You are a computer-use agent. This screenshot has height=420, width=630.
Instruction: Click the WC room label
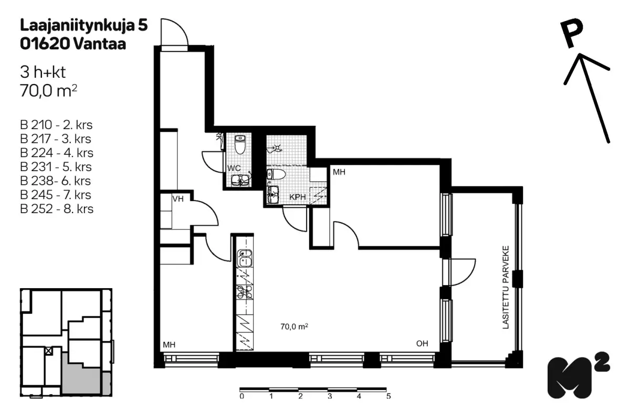[234, 168]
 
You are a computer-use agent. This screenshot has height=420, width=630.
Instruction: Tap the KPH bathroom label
[298, 197]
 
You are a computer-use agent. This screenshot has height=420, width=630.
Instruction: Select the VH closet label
[178, 199]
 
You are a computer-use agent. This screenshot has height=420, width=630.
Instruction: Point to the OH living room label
[422, 343]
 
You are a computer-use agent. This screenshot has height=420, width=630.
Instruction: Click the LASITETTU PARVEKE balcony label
[506, 287]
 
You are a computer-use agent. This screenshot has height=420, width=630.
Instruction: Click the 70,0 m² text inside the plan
[294, 327]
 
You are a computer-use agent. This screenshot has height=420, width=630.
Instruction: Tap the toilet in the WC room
[240, 144]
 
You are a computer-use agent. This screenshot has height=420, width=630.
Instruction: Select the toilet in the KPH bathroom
[276, 174]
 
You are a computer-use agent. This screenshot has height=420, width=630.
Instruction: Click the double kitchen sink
[245, 258]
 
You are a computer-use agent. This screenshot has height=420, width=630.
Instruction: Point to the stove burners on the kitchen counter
[245, 292]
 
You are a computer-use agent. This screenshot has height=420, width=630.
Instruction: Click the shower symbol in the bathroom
[275, 149]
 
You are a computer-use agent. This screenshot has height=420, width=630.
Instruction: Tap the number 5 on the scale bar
[388, 396]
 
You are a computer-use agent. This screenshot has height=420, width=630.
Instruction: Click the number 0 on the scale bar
[241, 396]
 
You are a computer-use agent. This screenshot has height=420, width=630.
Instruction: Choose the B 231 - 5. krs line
[56, 167]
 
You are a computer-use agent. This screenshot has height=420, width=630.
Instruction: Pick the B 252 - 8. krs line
[57, 209]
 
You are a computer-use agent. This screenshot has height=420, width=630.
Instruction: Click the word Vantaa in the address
[100, 44]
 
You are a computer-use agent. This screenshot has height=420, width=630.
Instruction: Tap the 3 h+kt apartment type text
[43, 72]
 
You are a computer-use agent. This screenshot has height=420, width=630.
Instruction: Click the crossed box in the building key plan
[49, 351]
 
